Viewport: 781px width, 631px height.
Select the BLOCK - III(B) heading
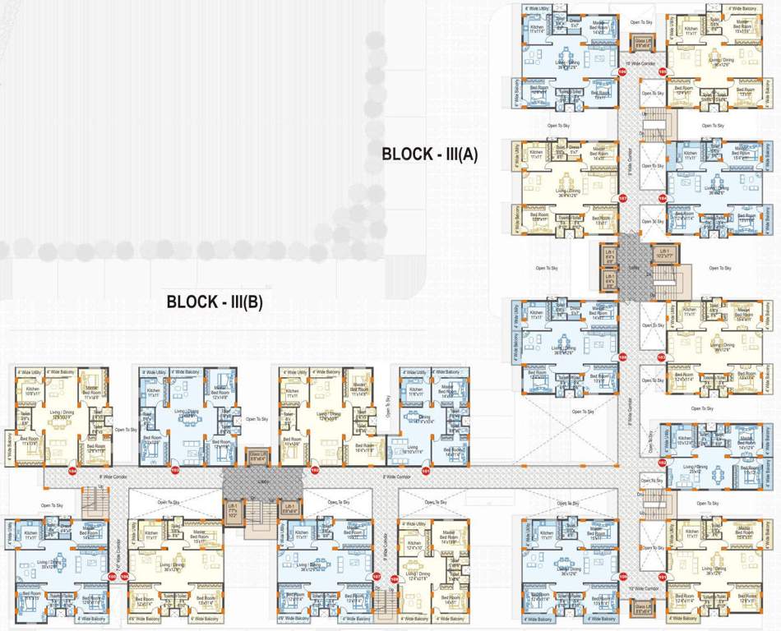point(215,302)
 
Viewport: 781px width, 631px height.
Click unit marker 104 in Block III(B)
point(72,472)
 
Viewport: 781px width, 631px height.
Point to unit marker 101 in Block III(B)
point(425,472)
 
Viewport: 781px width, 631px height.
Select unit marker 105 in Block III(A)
point(662,72)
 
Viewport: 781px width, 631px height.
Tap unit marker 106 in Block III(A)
point(622,72)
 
